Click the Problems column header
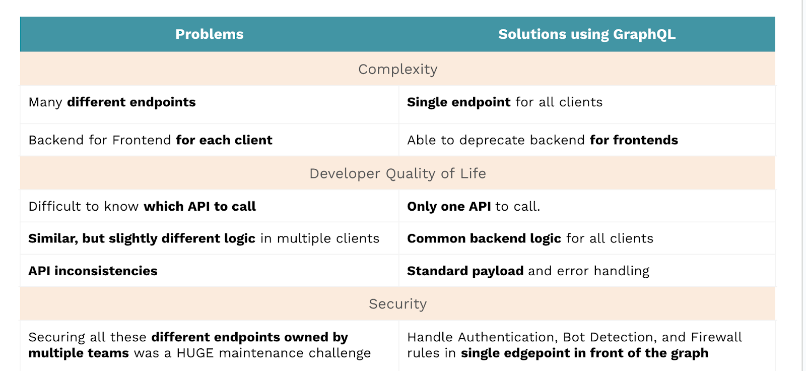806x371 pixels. [210, 34]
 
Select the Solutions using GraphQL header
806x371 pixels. [587, 34]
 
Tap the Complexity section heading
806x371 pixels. [397, 69]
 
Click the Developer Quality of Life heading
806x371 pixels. [397, 173]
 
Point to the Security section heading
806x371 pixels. [397, 304]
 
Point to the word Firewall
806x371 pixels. [716, 337]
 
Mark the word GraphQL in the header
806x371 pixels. [644, 35]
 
